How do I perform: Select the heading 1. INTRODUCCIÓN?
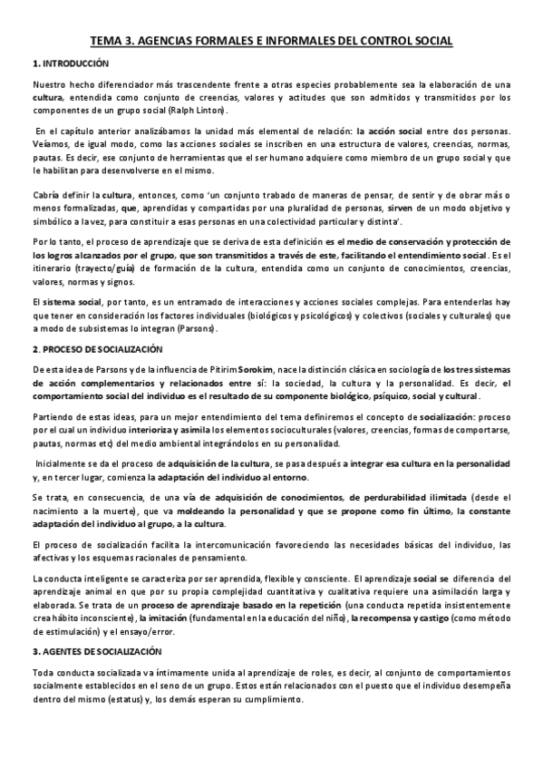pyautogui.click(x=70, y=63)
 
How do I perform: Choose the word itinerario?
pyautogui.click(x=55, y=268)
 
